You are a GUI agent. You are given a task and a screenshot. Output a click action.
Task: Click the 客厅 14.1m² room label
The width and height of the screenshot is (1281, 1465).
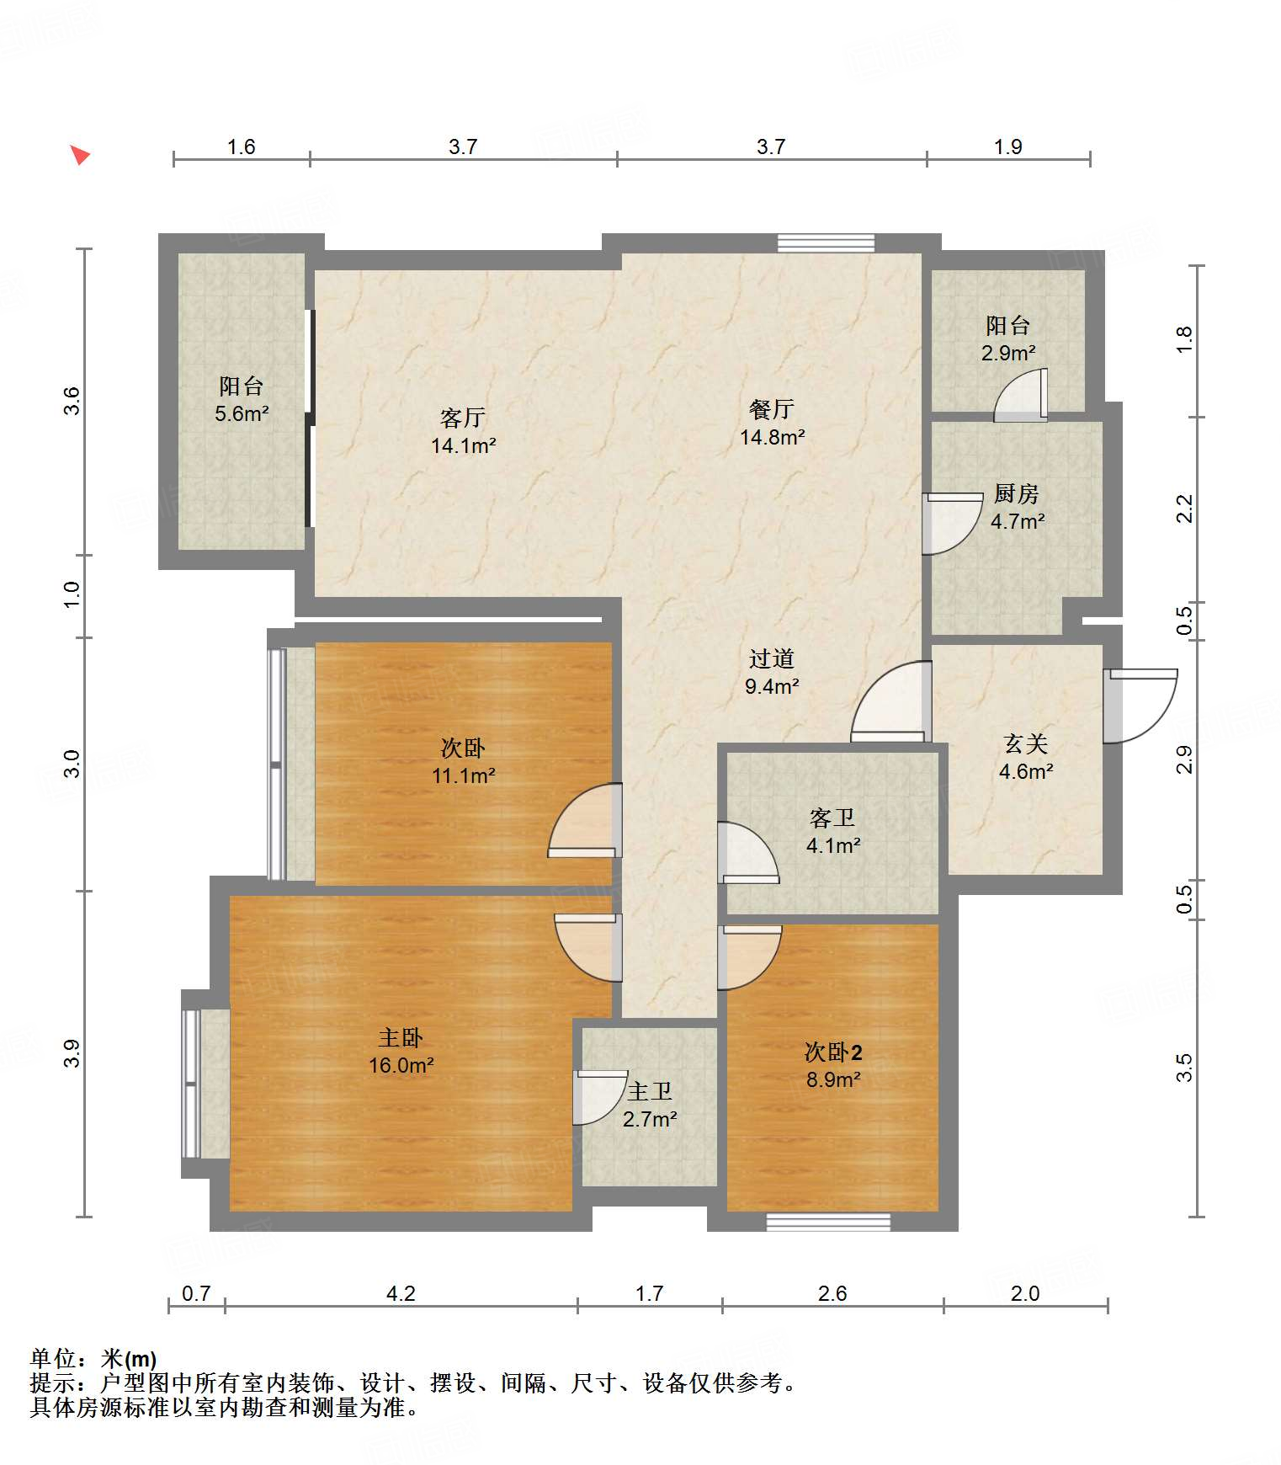[x=463, y=431]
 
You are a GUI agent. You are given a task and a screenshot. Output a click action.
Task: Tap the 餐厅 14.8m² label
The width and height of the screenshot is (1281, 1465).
[x=772, y=423]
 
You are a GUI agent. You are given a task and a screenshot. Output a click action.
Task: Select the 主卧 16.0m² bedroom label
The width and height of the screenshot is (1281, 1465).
[x=401, y=1051]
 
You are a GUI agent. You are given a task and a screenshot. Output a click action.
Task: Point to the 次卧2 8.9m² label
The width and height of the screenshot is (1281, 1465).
[x=832, y=1065]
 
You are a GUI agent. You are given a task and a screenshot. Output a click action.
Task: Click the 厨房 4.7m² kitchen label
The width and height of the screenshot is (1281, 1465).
[x=1017, y=507]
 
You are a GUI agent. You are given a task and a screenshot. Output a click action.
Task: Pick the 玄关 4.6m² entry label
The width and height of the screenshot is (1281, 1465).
[x=1025, y=757]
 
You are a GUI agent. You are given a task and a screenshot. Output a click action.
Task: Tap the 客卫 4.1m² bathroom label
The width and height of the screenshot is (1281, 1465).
[x=832, y=831]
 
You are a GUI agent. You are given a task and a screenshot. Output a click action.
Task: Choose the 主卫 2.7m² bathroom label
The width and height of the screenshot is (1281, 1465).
[x=650, y=1105]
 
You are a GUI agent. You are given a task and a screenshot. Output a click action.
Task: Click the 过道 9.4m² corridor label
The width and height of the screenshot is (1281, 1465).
[x=771, y=672]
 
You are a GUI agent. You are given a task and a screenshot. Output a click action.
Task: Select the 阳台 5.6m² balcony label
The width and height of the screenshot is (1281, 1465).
[x=242, y=399]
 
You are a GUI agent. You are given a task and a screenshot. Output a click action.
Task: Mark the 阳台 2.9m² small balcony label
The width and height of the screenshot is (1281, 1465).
[x=1007, y=338]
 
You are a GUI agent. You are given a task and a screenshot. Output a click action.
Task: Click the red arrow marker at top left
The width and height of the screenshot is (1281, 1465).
[x=80, y=155]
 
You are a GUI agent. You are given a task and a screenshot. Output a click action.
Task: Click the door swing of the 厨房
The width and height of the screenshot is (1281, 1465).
[x=951, y=524]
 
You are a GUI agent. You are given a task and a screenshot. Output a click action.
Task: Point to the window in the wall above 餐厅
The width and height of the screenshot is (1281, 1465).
[x=825, y=243]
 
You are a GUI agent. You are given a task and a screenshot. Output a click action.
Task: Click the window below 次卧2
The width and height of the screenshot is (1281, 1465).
[x=827, y=1222]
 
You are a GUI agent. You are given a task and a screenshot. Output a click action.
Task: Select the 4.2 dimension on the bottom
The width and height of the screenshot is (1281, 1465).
[x=401, y=1292]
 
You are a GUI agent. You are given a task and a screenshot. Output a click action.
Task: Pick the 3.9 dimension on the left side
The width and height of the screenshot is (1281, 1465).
[x=72, y=1053]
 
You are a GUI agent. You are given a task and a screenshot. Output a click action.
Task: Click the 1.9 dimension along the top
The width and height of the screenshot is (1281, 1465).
[x=1007, y=146]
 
